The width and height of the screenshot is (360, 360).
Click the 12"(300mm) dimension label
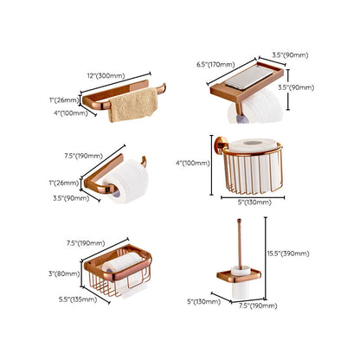[106, 76]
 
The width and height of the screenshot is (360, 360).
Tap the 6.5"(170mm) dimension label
[215, 65]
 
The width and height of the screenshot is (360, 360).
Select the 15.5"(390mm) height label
[288, 254]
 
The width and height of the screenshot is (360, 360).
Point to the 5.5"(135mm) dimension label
[78, 299]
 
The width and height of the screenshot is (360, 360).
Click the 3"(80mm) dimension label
[64, 273]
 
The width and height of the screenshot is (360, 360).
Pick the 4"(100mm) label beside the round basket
[193, 164]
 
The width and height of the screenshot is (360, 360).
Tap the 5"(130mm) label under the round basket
[254, 202]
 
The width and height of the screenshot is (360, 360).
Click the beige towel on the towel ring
[133, 105]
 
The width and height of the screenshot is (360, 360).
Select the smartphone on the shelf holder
[248, 77]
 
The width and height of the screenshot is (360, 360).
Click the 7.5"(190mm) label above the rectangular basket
[86, 243]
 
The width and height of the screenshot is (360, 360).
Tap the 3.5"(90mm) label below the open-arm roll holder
[71, 198]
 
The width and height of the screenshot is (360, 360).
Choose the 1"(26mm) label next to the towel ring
[64, 100]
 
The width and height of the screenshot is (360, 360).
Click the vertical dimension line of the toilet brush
[266, 259]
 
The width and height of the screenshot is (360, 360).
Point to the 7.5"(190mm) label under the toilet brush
[258, 305]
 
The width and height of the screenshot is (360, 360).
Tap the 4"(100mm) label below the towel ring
[71, 113]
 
